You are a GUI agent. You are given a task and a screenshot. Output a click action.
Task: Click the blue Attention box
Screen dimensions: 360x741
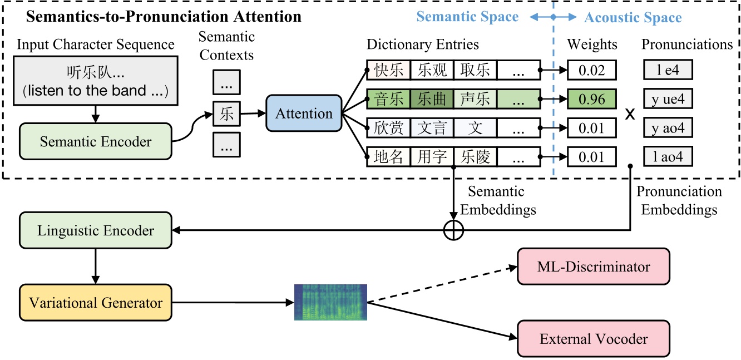(304, 114)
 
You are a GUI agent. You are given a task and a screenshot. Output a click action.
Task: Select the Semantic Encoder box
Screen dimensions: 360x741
(95, 141)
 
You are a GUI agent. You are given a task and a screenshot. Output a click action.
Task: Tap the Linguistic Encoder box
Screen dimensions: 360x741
(95, 230)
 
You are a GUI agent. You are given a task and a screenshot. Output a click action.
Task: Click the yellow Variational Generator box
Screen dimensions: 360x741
(95, 303)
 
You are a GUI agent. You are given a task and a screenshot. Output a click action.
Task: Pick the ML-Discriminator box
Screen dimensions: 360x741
(593, 267)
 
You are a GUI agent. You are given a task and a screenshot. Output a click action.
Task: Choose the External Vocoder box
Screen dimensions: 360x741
(593, 338)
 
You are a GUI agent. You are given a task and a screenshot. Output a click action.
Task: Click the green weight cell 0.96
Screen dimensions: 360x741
(592, 100)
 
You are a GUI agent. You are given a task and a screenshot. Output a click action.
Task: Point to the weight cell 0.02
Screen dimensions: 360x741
(592, 71)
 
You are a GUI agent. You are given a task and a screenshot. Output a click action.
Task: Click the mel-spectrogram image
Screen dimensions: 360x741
(330, 302)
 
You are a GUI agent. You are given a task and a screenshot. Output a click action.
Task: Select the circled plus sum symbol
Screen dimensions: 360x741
(453, 230)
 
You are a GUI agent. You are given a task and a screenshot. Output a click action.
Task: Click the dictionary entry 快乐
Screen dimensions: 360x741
(388, 71)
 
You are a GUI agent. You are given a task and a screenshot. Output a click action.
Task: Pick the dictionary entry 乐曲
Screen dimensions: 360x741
(432, 100)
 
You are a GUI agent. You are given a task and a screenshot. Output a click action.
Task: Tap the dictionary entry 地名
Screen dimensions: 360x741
(388, 157)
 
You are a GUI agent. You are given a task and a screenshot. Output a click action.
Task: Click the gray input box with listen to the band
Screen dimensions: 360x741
(96, 81)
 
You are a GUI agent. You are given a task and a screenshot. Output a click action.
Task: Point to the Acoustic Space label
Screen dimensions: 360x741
(633, 18)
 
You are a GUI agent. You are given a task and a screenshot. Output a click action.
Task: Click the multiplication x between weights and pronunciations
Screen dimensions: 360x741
(630, 115)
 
